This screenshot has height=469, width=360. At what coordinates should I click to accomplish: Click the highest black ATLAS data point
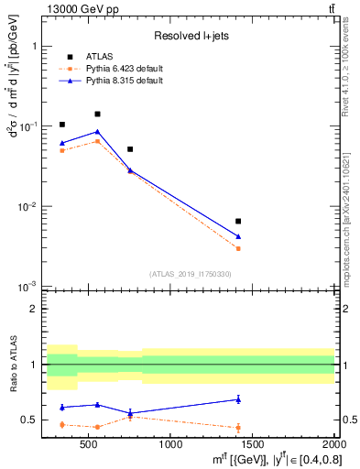tap(97, 115)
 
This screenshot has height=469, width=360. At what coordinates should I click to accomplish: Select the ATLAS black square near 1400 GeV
tap(238, 221)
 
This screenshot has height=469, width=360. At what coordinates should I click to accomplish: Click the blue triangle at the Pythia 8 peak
tap(97, 131)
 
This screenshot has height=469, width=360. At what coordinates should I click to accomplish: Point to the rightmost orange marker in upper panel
tap(238, 248)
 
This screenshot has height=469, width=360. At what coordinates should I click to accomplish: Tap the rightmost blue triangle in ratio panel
tap(238, 398)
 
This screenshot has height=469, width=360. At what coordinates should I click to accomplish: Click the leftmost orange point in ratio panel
tap(61, 424)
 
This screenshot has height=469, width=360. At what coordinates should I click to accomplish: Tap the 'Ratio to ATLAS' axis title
tap(13, 366)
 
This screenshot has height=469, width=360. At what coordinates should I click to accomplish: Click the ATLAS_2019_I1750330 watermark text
tap(191, 274)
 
